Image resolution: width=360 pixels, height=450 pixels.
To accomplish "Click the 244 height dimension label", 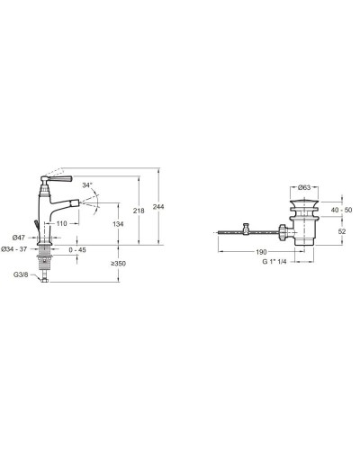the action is (x=158, y=207).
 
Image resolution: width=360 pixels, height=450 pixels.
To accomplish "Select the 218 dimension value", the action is (x=139, y=211).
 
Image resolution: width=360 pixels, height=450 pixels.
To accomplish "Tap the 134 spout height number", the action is (x=118, y=224).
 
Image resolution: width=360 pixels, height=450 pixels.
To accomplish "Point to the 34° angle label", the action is (x=87, y=185).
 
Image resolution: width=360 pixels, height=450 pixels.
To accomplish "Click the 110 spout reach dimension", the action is (x=61, y=224).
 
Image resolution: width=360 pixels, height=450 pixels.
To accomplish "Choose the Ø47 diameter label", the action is (x=19, y=238).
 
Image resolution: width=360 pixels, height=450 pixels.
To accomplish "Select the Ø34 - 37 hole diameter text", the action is (x=14, y=249).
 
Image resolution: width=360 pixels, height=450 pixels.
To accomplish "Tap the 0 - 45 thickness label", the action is (x=77, y=250).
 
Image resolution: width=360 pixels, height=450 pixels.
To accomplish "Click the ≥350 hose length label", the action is (x=118, y=264).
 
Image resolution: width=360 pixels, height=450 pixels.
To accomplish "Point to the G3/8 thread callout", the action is (x=21, y=274).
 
